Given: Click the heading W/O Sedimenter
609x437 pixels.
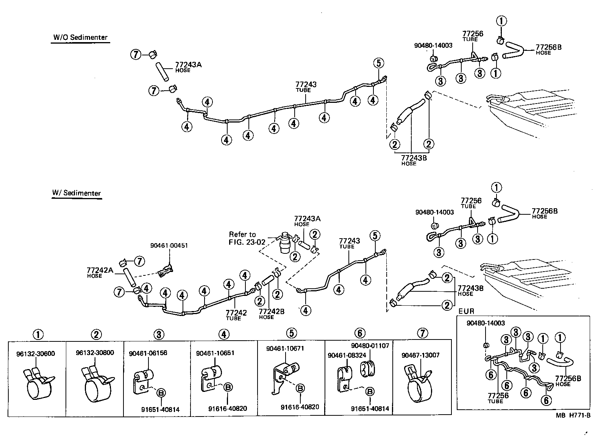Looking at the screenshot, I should coord(80,38).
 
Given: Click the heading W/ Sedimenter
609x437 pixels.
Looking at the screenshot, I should coord(77,193).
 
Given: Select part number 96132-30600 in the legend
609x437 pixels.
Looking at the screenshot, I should coord(36,354).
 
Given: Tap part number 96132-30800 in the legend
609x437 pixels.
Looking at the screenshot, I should coord(95,352).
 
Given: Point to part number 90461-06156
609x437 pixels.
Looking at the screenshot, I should coord(148,353).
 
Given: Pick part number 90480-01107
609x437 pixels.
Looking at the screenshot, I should coord(370,346).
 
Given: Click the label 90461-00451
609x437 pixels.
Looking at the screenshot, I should coord(169,246).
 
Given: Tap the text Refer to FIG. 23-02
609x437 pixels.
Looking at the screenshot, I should coord(242,238).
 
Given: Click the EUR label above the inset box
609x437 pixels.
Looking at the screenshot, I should coord(466,311).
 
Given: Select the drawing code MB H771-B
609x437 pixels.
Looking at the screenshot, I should coord(573,415).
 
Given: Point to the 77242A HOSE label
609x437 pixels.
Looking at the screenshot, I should coord(100,272).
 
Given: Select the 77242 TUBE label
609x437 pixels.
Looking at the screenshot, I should coord(236,315).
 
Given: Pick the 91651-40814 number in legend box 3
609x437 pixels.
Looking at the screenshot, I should coord(160,410).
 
